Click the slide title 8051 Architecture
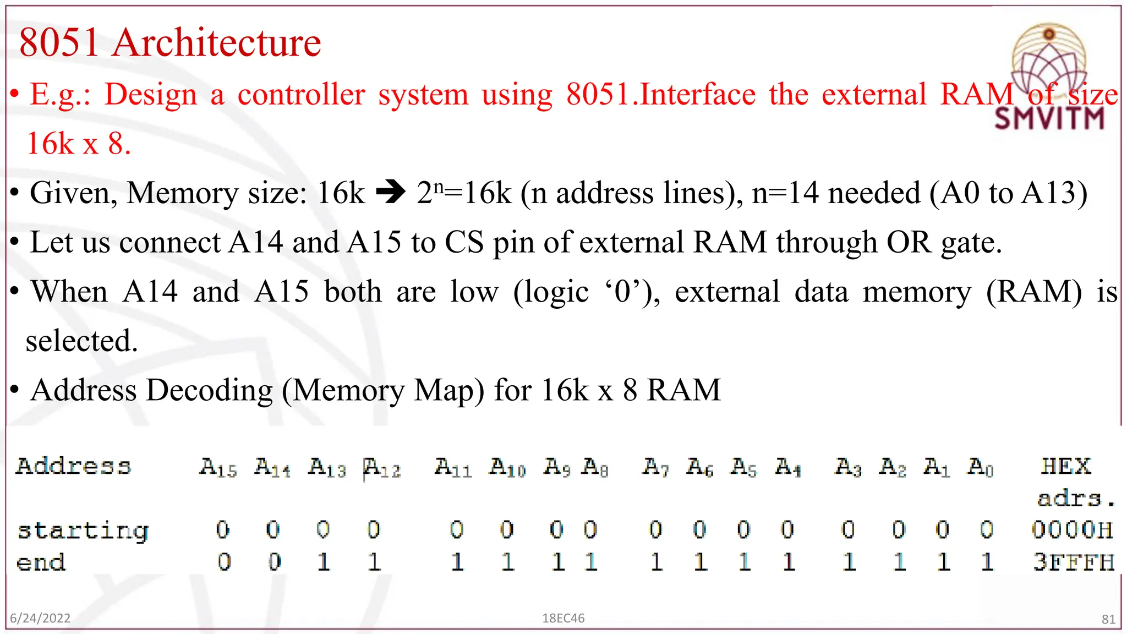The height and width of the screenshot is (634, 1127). [x=169, y=42]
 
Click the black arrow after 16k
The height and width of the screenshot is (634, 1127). [x=390, y=193]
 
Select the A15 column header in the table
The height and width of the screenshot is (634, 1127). [x=218, y=467]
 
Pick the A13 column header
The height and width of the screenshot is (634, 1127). [x=327, y=467]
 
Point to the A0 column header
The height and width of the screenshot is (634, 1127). [x=981, y=467]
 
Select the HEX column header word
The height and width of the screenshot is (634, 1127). [x=1065, y=466]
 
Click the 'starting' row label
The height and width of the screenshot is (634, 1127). [x=83, y=531]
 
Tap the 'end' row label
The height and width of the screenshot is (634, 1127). [x=41, y=562]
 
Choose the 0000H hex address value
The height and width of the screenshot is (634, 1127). [x=1072, y=529]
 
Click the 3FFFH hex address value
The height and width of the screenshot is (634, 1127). [x=1073, y=562]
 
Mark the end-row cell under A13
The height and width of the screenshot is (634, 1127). [x=324, y=562]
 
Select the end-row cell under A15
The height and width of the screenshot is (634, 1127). [x=224, y=562]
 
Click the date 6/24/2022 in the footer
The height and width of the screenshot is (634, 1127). [x=40, y=618]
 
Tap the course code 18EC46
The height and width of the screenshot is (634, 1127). [x=563, y=618]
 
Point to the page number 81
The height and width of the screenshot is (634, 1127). [x=1108, y=619]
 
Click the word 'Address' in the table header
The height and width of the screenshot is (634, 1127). [x=73, y=466]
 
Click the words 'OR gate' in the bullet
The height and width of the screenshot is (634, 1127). [x=943, y=243]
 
